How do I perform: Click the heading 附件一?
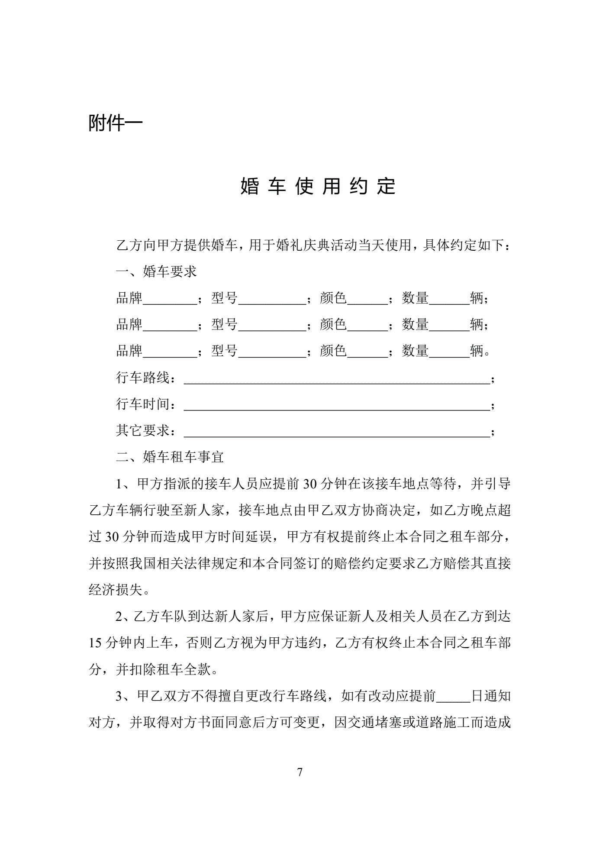click(x=116, y=123)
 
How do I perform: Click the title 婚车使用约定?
click(x=318, y=186)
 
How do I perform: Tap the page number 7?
click(x=300, y=772)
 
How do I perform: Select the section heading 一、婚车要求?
click(x=156, y=271)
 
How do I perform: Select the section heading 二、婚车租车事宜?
click(x=170, y=456)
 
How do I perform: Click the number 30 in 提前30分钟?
click(x=309, y=484)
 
